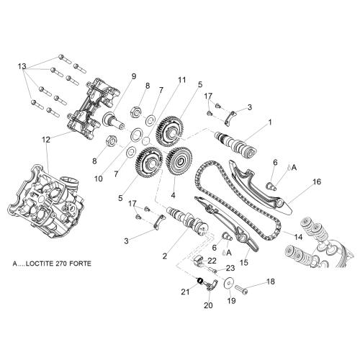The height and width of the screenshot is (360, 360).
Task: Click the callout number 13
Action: click(22, 66)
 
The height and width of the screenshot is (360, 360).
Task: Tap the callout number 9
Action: click(134, 76)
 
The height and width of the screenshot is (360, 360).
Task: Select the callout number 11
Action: click(181, 80)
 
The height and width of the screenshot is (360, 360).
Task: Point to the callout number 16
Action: click(317, 181)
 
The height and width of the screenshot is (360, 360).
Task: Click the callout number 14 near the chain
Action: click(298, 238)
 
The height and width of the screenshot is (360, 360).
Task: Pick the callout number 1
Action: click(270, 122)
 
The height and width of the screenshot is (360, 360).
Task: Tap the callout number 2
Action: click(164, 256)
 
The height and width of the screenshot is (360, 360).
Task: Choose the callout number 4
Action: click(174, 195)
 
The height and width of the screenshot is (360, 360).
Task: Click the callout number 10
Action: click(99, 179)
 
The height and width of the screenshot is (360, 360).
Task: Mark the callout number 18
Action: click(271, 282)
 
